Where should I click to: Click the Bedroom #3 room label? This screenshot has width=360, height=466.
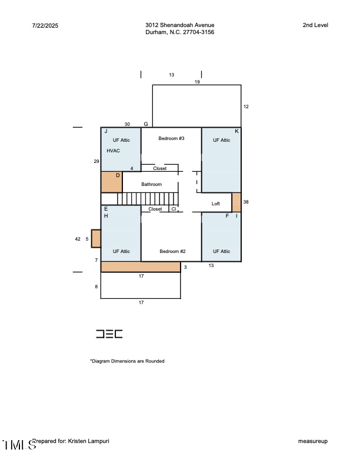click(171, 138)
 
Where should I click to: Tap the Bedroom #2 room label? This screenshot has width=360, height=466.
click(172, 251)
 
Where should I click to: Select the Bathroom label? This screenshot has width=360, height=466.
click(151, 184)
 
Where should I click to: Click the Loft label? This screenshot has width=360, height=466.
click(216, 203)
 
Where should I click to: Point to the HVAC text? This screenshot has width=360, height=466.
click(113, 151)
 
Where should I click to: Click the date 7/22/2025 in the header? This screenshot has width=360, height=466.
click(45, 25)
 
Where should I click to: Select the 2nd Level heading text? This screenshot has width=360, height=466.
click(315, 25)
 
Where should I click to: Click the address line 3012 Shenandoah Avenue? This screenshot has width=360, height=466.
click(179, 25)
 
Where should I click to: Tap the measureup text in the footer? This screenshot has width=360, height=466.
click(312, 441)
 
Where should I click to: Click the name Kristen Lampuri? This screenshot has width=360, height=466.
click(89, 441)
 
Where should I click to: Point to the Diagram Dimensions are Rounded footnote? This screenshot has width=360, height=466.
click(127, 361)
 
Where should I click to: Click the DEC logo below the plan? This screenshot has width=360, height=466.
click(109, 334)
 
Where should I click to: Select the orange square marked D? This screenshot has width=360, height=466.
click(111, 182)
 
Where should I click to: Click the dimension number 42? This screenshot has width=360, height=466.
click(78, 239)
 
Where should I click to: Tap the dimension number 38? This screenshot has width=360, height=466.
click(246, 201)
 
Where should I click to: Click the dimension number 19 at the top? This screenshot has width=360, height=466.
click(197, 82)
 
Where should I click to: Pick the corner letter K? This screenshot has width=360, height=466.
click(236, 131)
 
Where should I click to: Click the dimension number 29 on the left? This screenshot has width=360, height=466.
click(96, 161)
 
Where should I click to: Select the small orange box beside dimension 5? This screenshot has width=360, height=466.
click(96, 238)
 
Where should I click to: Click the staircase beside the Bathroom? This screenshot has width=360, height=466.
click(147, 198)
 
